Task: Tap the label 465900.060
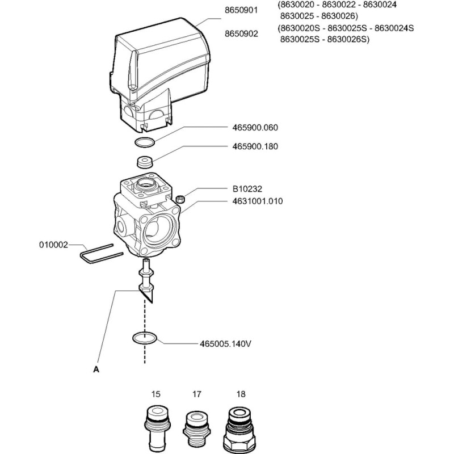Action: (255, 128)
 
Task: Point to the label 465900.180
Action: (255, 146)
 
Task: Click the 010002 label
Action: (53, 245)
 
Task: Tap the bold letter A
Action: (96, 368)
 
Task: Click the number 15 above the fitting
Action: (155, 393)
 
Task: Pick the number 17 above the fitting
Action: (196, 393)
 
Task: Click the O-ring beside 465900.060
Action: (145, 142)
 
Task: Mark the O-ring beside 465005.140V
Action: (145, 338)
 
